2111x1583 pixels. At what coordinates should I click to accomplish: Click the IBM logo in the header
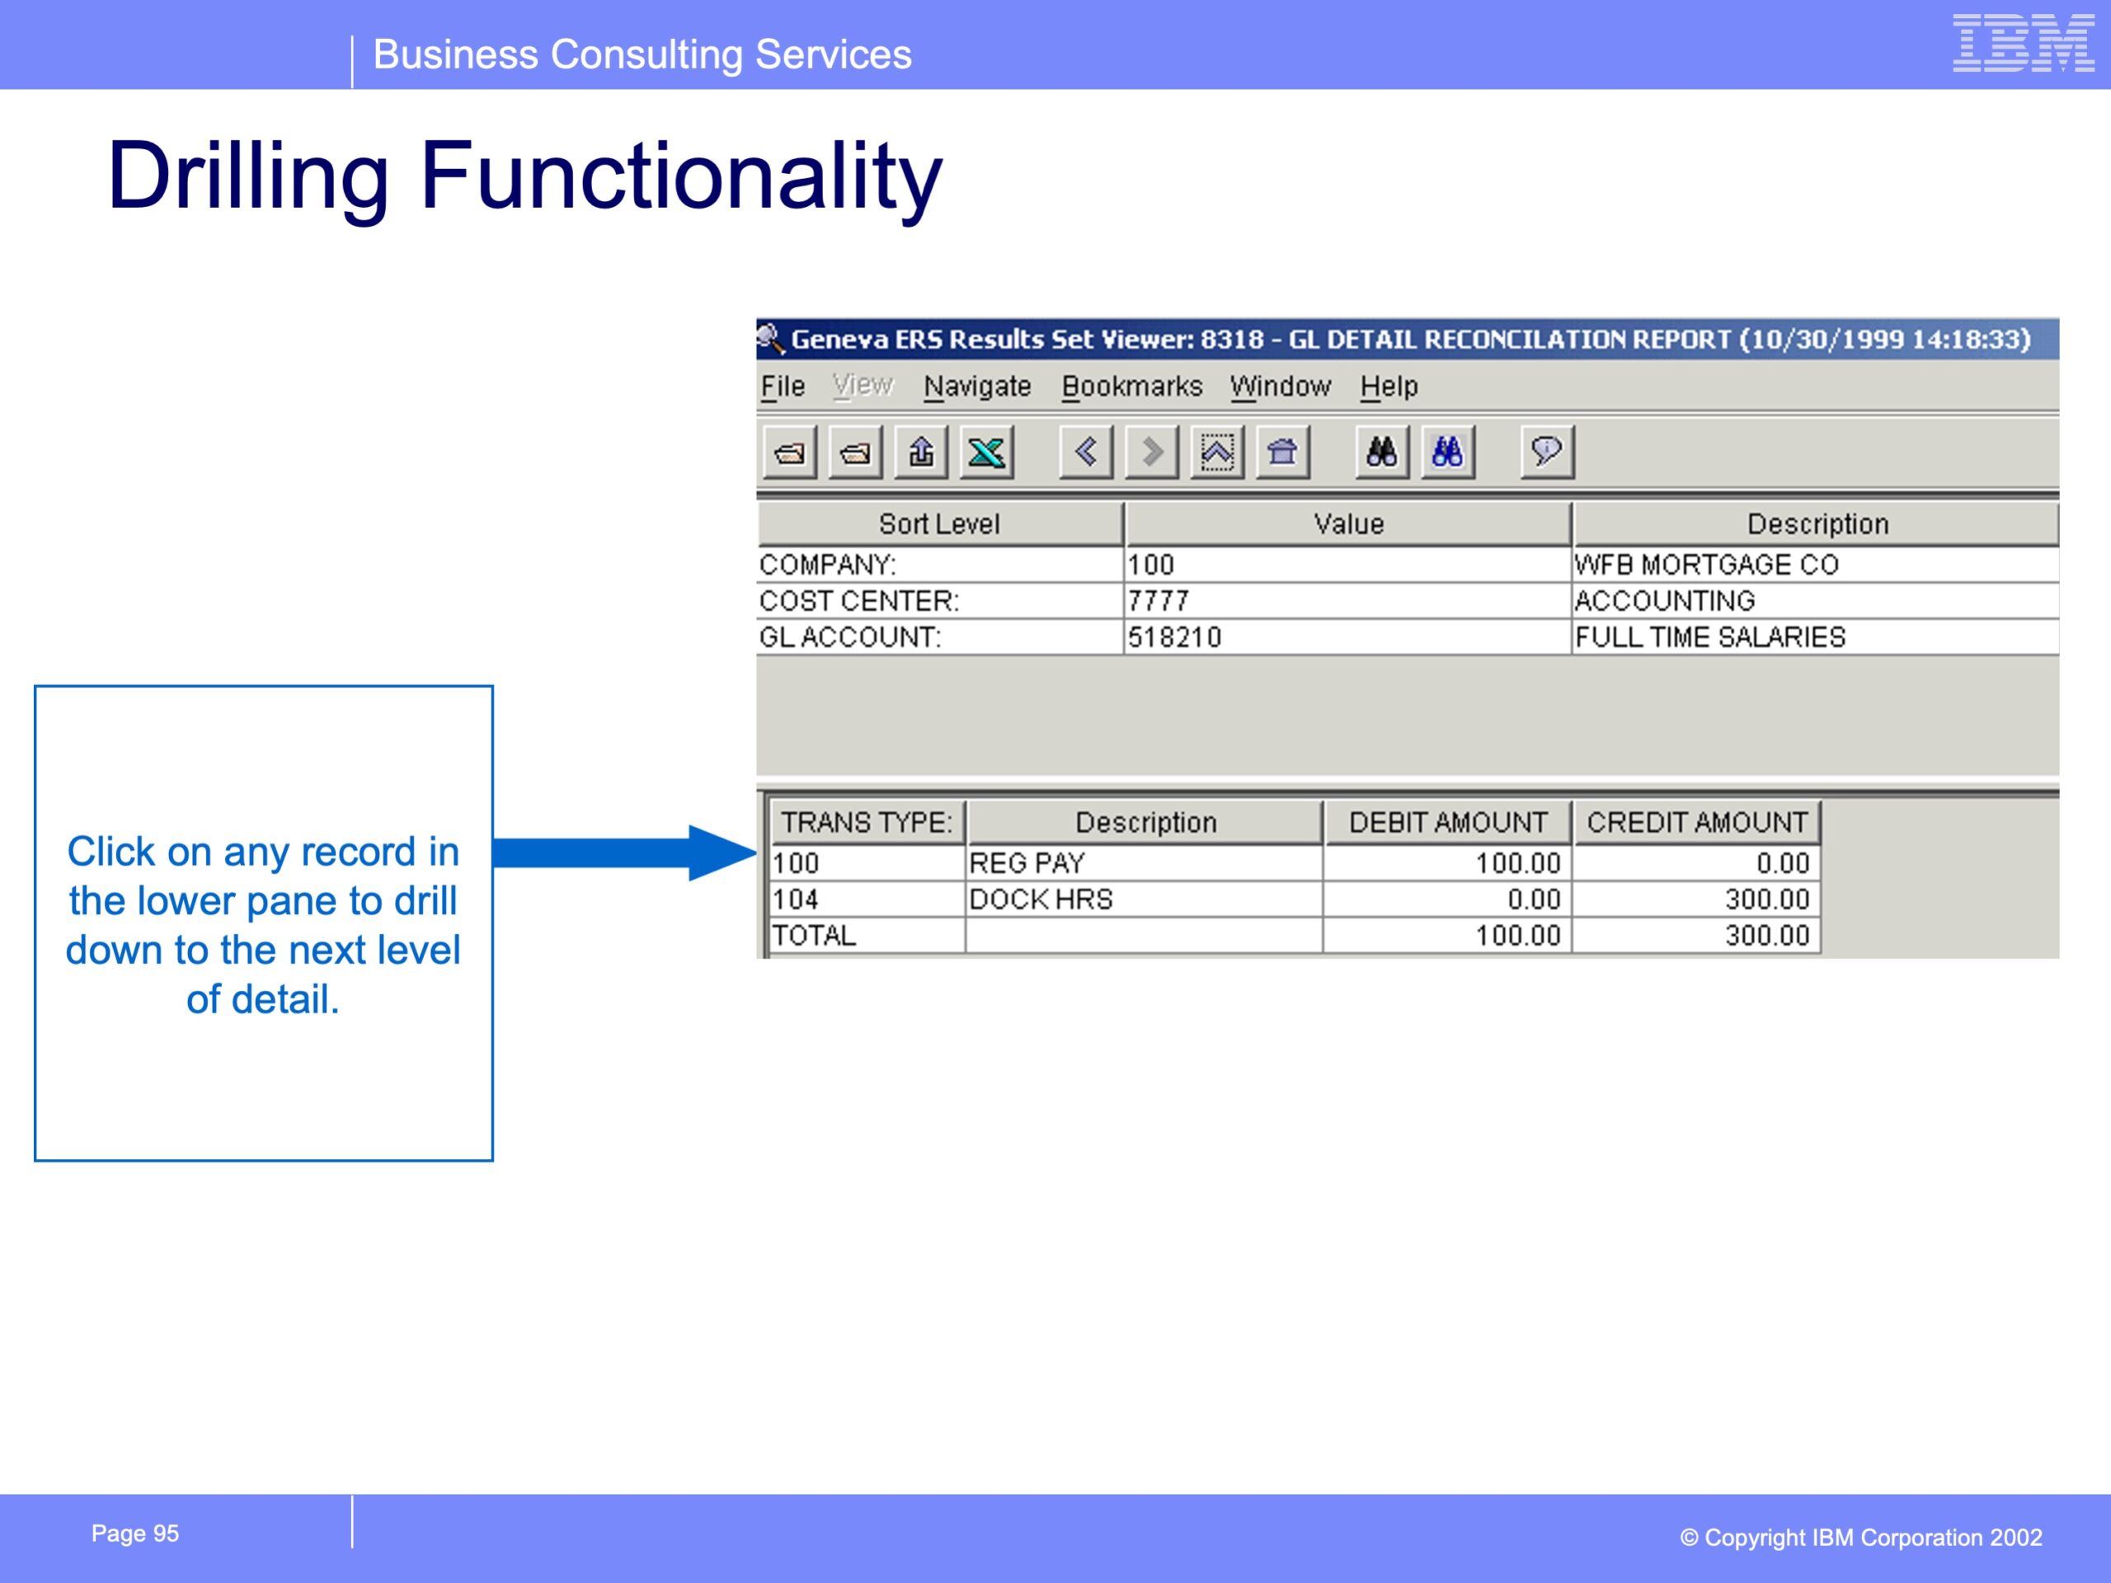(2024, 43)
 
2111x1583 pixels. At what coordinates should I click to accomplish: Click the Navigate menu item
(977, 387)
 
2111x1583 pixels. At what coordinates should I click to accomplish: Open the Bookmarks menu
(1132, 387)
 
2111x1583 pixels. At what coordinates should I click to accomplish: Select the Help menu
(1389, 387)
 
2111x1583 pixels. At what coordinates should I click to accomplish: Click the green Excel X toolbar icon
(987, 451)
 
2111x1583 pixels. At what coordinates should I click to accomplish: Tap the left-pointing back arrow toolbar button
(1086, 451)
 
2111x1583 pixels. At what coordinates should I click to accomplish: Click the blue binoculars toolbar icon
(1448, 451)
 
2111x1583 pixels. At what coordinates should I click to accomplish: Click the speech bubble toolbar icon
(1546, 451)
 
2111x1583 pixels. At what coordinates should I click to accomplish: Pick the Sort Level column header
(940, 524)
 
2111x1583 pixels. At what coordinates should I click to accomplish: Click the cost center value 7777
(1159, 601)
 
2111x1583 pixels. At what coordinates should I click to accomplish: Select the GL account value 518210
(1174, 637)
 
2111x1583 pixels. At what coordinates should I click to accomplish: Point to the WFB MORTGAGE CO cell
(1706, 565)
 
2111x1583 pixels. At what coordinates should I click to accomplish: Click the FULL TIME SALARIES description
(1710, 637)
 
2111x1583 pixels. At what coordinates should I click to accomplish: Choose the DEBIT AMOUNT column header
(1448, 823)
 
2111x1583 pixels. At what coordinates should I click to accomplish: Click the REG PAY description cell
(1027, 863)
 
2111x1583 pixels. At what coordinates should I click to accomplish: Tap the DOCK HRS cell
(1041, 900)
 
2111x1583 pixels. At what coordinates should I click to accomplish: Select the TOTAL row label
(814, 936)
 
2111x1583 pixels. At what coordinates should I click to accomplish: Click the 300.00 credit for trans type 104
(1766, 900)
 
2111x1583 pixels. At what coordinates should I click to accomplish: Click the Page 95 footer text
(135, 1534)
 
